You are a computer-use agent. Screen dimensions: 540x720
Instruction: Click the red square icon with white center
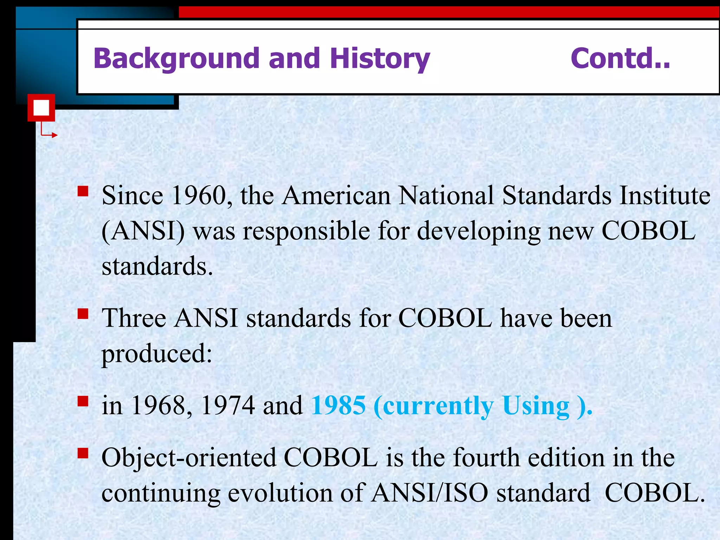tap(41, 108)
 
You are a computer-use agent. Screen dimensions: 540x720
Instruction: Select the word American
tap(336, 195)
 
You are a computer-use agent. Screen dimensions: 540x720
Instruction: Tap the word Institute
tap(664, 195)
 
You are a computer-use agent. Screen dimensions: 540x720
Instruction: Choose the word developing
tap(478, 231)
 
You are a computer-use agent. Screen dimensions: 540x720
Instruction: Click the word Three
tap(134, 319)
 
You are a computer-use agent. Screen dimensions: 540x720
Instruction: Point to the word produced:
tap(157, 354)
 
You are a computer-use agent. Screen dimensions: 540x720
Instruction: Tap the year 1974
tap(228, 406)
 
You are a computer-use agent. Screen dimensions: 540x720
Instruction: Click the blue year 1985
tap(339, 406)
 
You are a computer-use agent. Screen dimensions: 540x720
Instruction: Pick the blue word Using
tap(535, 406)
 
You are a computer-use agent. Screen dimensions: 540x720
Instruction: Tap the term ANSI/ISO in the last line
tap(430, 493)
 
